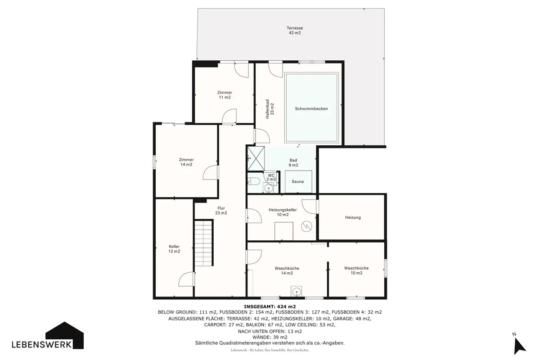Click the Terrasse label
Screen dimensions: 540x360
click(x=295, y=31)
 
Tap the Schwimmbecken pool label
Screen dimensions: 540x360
click(x=311, y=109)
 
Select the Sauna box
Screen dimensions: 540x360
click(x=298, y=181)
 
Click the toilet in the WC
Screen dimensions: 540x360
click(x=253, y=181)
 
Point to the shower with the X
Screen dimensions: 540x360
click(x=256, y=158)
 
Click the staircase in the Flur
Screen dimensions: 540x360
click(x=203, y=243)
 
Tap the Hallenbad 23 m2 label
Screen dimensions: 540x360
click(x=270, y=109)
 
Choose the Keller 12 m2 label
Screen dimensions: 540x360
click(x=174, y=249)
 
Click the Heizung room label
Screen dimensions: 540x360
click(x=353, y=217)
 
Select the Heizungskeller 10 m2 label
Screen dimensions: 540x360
click(x=283, y=212)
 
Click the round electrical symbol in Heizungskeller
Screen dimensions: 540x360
click(x=306, y=226)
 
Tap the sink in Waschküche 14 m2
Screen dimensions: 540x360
click(x=297, y=292)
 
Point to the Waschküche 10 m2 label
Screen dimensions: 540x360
click(x=356, y=270)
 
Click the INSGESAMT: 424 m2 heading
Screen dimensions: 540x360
click(x=270, y=307)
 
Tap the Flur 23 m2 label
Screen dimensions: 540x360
click(x=221, y=211)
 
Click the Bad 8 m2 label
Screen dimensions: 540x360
click(x=293, y=163)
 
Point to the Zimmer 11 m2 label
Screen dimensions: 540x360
click(x=225, y=95)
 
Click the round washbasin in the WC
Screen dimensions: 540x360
click(x=268, y=188)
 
